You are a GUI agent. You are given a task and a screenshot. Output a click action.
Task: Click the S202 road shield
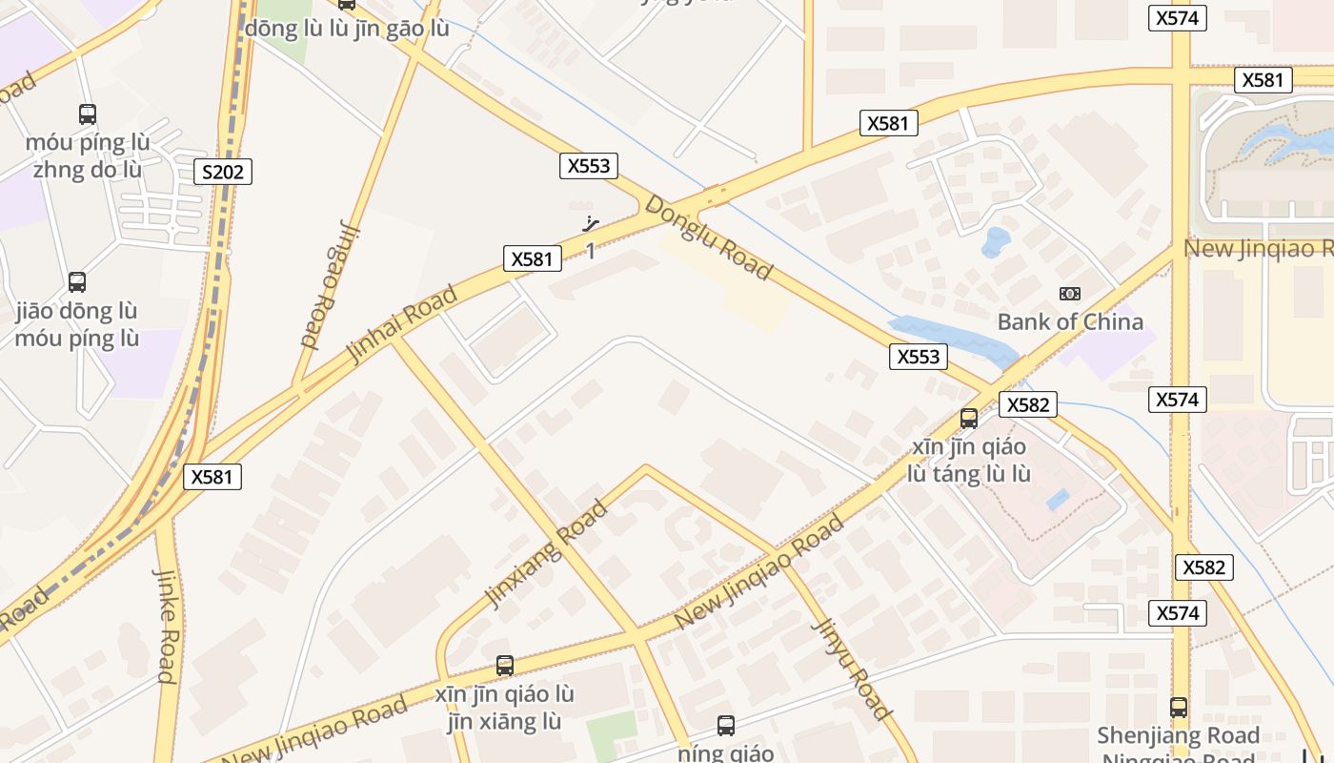[x=223, y=173]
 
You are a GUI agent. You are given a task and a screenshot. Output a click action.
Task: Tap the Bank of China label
[x=1069, y=321]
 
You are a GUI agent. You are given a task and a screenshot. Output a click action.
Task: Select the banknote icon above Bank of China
[x=1069, y=294]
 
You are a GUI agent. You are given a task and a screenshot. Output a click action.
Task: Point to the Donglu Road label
[x=708, y=237]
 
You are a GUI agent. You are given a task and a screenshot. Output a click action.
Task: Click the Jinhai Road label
[x=401, y=323]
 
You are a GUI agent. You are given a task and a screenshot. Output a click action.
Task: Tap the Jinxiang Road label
[x=546, y=554]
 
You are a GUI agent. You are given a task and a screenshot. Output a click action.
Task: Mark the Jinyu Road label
[x=852, y=669]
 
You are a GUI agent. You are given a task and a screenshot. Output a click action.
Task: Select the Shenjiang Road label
[x=1178, y=735]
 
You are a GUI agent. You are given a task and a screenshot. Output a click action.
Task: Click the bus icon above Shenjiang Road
[x=1179, y=708]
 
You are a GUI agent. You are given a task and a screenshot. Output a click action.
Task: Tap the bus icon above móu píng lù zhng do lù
[x=88, y=114]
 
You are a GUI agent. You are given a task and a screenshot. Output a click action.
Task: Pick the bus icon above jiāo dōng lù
[x=77, y=282]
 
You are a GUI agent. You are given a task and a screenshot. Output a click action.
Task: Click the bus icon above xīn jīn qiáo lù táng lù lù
[x=969, y=418]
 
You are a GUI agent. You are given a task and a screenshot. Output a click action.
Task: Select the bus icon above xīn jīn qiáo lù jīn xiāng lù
[x=505, y=666]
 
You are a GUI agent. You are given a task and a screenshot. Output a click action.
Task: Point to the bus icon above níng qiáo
[x=726, y=726]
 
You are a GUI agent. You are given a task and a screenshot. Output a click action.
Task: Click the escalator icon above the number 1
[x=592, y=225]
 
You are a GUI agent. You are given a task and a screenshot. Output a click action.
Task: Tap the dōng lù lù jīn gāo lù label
[x=347, y=29]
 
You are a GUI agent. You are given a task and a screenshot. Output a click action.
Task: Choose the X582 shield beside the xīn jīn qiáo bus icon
[x=1027, y=404]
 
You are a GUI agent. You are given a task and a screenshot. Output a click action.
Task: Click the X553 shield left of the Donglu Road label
[x=588, y=166]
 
